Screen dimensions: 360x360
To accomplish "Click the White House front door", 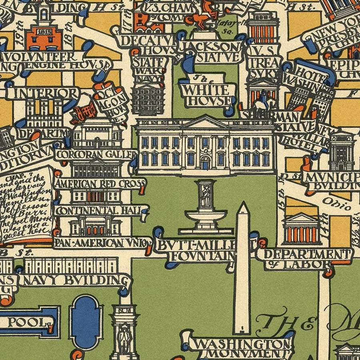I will pos(206,163).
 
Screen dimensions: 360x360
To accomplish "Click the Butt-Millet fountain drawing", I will pos(206,210).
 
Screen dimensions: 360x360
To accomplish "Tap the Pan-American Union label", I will pos(102,242).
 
